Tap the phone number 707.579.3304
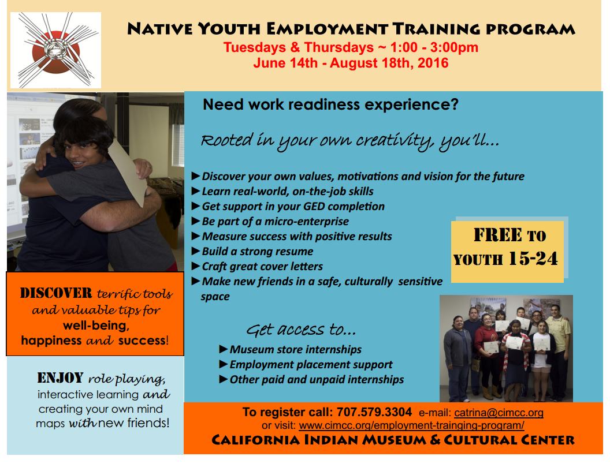(374, 412)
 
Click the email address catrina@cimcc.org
(499, 413)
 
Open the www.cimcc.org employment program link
(411, 425)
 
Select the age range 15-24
(533, 259)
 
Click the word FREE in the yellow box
(497, 235)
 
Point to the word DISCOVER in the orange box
(56, 293)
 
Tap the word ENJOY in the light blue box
(60, 377)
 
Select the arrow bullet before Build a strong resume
(196, 251)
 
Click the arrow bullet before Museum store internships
(224, 349)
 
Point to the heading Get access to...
(301, 330)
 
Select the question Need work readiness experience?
(330, 105)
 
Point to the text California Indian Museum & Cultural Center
(393, 440)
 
